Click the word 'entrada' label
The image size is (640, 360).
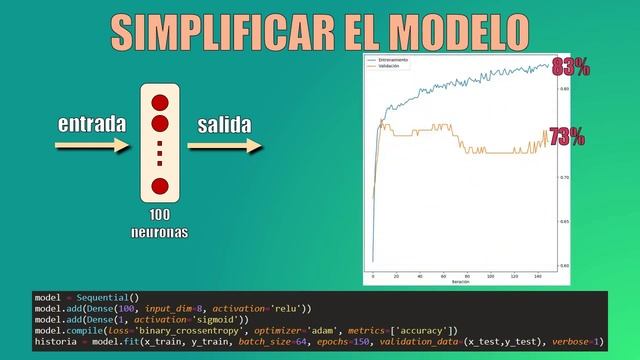pos(92,125)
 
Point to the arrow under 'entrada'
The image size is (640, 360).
pos(92,146)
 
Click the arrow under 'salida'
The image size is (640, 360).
pos(224,146)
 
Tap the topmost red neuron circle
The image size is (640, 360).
pos(159,102)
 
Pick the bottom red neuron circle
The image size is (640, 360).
pos(159,186)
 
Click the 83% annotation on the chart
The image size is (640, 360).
pos(569,67)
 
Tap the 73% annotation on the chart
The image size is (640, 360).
pos(566,137)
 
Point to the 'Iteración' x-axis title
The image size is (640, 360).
pos(460,282)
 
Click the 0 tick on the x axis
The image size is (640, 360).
pos(372,275)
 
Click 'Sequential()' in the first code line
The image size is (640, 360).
pos(105,298)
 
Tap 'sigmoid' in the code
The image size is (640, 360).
pos(218,320)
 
